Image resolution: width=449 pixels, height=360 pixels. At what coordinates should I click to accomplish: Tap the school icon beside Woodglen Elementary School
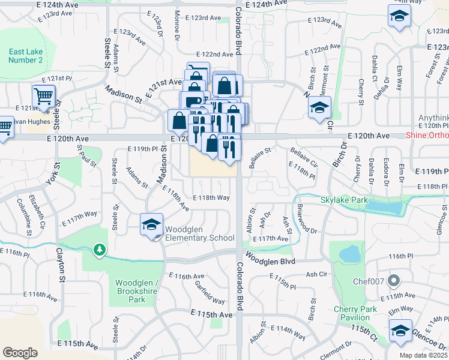coord(152,224)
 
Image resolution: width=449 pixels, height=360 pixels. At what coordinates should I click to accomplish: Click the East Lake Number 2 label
coord(25,56)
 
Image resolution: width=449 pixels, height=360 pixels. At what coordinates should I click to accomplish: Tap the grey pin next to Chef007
coord(394,280)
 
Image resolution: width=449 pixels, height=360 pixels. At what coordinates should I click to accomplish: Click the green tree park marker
coord(100,249)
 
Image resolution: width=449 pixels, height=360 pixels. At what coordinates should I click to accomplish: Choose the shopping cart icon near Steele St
coord(43,96)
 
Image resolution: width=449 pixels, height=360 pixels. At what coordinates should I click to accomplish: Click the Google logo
coord(20,352)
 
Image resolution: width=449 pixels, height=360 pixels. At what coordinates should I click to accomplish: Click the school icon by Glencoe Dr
coord(400,331)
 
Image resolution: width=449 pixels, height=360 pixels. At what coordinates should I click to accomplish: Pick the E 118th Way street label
coord(211,198)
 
